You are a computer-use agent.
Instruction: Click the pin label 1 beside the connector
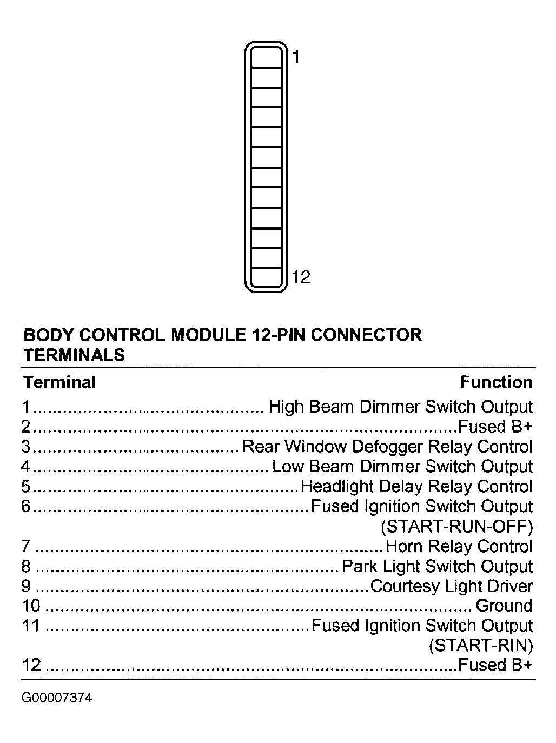click(296, 56)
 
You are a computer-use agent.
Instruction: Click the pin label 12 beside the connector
click(301, 277)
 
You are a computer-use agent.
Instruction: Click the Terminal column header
click(59, 382)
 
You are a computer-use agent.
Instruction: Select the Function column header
click(496, 382)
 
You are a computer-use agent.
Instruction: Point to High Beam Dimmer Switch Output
click(401, 407)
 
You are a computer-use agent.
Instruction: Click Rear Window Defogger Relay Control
click(387, 447)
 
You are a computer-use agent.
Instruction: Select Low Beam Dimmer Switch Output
click(402, 466)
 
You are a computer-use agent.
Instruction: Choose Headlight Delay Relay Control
click(416, 486)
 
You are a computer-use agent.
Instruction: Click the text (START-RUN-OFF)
click(457, 526)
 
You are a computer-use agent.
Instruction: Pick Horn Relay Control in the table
click(459, 546)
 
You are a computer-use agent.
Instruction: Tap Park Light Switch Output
click(438, 566)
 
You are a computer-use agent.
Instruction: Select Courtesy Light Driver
click(452, 586)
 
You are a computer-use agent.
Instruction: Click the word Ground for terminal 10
click(504, 606)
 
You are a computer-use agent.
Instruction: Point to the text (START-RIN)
click(481, 645)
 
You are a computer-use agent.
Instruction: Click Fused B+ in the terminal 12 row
click(495, 665)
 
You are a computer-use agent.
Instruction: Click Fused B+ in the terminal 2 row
click(495, 427)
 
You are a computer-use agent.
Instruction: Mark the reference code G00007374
click(57, 698)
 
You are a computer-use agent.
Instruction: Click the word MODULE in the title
click(208, 335)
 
